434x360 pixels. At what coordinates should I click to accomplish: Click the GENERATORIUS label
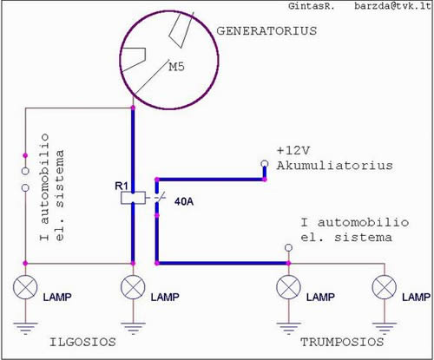point(266,31)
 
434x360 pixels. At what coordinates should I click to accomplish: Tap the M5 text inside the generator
point(176,67)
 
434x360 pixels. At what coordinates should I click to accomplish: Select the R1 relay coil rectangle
point(133,198)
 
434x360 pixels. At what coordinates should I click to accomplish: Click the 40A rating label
point(184,201)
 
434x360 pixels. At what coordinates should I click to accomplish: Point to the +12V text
point(293,151)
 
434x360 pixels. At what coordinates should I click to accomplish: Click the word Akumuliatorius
point(335,166)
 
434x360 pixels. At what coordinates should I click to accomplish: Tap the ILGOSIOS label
point(82,342)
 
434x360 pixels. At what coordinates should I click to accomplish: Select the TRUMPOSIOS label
point(342,342)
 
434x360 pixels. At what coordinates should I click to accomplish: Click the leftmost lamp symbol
point(25,287)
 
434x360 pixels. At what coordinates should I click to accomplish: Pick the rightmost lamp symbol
point(385,287)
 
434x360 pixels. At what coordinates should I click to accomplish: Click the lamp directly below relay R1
point(133,287)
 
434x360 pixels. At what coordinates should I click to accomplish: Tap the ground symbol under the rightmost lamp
point(385,328)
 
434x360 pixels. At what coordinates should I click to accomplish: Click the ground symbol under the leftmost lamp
point(25,328)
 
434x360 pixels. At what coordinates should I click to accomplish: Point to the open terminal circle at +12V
point(265,164)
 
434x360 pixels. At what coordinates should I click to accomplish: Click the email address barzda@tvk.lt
point(392,6)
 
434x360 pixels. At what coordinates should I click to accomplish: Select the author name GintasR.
point(312,6)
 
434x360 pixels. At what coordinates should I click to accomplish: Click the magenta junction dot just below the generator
point(133,108)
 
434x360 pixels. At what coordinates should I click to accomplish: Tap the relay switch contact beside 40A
point(158,198)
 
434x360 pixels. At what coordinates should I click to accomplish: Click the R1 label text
point(122,186)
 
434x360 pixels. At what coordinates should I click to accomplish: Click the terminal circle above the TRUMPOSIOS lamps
point(288,248)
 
